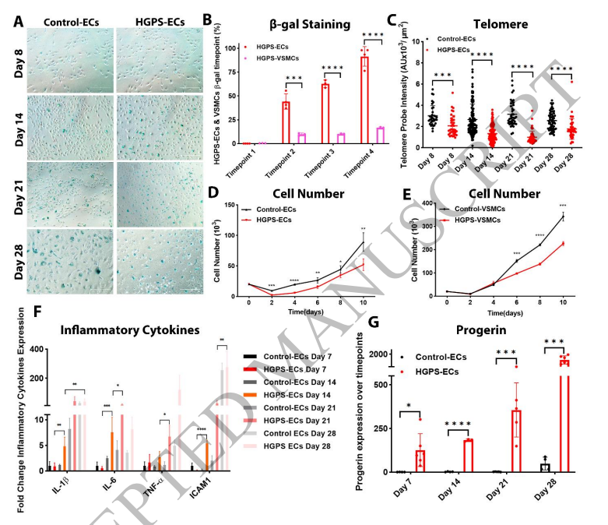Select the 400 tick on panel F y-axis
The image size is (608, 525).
pyautogui.click(x=33, y=350)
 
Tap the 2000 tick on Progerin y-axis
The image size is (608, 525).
pyautogui.click(x=378, y=354)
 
